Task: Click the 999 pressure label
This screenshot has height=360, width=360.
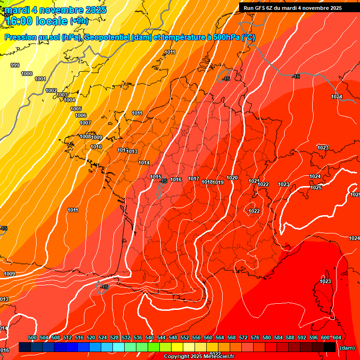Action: (15, 65)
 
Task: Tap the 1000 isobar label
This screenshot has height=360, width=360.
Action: (27, 74)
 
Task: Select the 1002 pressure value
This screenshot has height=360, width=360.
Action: (51, 90)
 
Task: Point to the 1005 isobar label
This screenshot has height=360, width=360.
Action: (76, 109)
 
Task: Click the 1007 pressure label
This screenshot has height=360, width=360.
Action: (85, 123)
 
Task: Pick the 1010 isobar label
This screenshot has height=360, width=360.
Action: (96, 147)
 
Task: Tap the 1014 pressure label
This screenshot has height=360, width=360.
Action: (144, 163)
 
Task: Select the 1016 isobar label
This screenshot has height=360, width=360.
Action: (176, 180)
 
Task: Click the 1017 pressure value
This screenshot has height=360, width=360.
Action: (194, 179)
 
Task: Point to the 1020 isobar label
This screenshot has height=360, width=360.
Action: (232, 178)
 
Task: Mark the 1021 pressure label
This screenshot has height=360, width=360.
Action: (254, 181)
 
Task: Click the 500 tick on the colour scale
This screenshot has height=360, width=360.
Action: (32, 337)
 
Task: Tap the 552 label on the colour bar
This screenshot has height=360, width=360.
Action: (185, 337)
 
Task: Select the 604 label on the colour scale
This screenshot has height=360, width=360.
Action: (337, 337)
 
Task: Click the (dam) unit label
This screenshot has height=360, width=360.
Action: (347, 348)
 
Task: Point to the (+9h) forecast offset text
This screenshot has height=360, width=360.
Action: (78, 21)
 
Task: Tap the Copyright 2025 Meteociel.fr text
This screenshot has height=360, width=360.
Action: (199, 357)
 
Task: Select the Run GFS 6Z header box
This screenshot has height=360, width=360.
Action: (292, 7)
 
